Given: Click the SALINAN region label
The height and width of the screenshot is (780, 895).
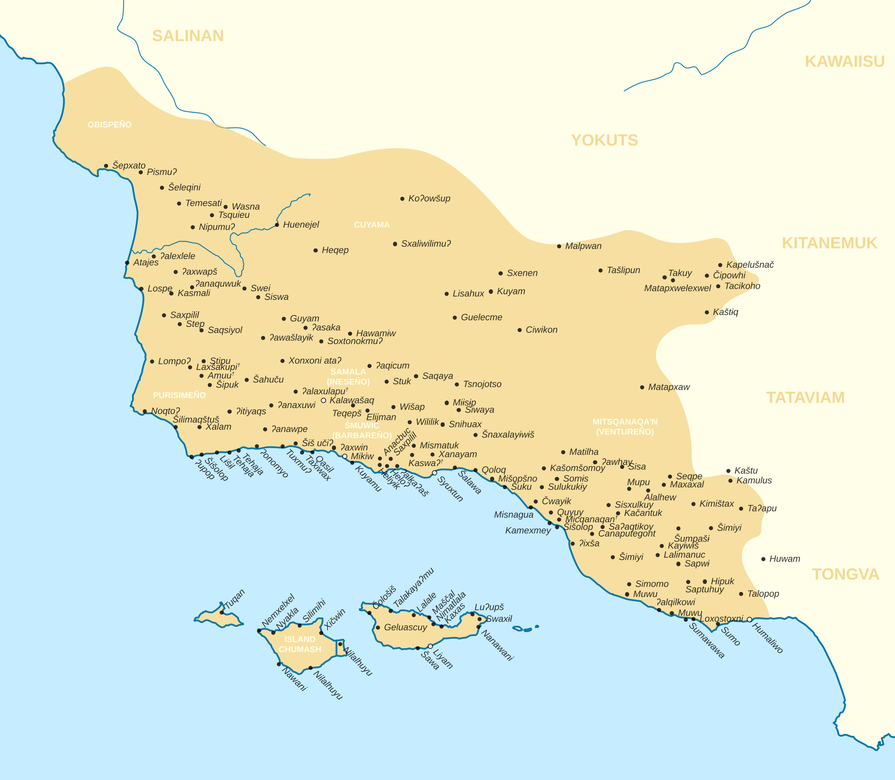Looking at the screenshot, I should click(x=188, y=36).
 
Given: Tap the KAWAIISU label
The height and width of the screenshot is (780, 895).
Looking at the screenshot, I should click(x=845, y=62).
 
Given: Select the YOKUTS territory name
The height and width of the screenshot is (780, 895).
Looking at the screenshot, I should click(x=604, y=140).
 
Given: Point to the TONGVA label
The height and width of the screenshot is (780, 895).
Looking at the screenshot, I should click(x=845, y=574).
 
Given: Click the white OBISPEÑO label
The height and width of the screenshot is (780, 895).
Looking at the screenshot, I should click(x=109, y=124).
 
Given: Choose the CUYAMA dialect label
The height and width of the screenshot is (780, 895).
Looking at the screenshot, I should click(x=371, y=224).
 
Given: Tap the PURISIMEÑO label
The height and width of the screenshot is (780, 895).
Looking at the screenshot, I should click(x=179, y=395).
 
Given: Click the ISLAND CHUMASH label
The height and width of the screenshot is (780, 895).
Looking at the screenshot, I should click(x=300, y=644).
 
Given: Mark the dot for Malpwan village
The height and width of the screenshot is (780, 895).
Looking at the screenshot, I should click(x=559, y=246).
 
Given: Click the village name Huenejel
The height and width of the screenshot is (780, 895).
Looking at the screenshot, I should click(x=301, y=224).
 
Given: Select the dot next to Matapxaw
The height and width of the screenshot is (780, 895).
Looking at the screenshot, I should click(x=642, y=387).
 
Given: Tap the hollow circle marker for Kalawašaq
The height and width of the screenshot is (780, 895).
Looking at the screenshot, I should click(x=323, y=400).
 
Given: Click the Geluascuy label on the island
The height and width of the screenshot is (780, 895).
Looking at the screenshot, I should click(x=405, y=627).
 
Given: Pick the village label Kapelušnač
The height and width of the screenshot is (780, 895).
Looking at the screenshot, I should click(x=750, y=265).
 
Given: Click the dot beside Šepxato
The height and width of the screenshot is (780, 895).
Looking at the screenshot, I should click(x=106, y=166).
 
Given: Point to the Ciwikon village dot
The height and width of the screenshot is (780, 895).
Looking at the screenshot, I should click(x=519, y=330).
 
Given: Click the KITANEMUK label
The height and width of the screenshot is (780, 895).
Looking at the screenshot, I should click(x=829, y=243).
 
